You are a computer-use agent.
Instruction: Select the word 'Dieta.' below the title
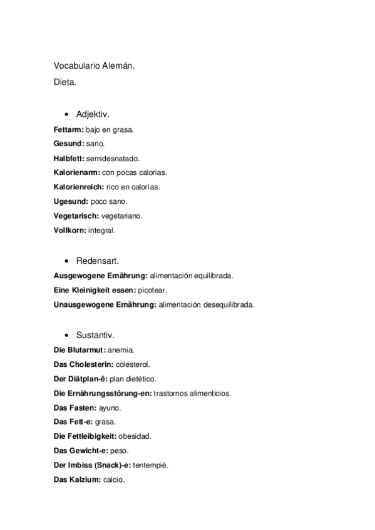click(65, 81)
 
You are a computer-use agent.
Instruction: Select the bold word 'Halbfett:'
click(69, 159)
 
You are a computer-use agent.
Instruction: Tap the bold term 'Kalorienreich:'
click(76, 187)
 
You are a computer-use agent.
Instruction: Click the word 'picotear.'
click(152, 291)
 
